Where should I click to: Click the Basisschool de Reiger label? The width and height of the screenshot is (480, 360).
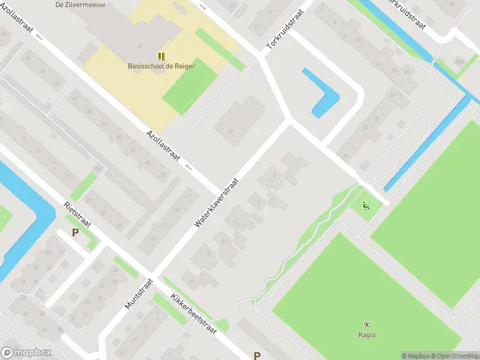[161, 66]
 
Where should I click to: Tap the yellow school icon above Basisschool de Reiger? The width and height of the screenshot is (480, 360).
[161, 56]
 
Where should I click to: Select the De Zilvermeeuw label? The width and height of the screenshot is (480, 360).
[76, 4]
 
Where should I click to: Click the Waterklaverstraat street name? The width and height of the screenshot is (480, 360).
[217, 202]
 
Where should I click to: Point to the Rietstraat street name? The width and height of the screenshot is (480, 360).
[77, 214]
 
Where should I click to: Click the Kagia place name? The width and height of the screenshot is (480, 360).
[367, 335]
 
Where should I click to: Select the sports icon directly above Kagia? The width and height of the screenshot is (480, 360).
[367, 324]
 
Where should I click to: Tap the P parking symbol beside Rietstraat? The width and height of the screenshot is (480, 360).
[75, 233]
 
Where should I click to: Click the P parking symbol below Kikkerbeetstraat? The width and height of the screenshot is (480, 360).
[257, 356]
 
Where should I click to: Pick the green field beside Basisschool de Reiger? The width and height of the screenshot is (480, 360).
[189, 87]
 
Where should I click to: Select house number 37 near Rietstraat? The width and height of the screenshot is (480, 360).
[118, 226]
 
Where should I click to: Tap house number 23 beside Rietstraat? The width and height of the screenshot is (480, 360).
[67, 176]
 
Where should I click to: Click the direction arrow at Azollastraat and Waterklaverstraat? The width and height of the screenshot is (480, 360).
[190, 167]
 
